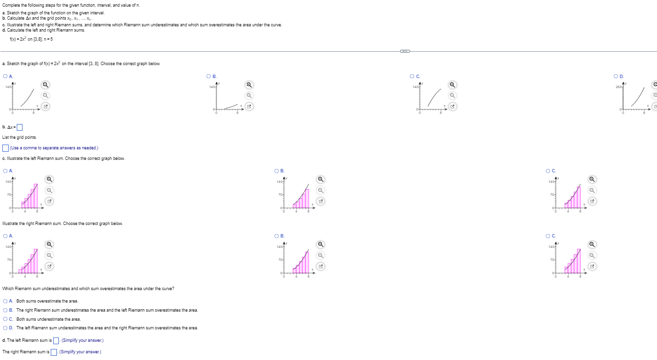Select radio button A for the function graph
[5, 76]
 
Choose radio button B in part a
[209, 76]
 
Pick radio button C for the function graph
[412, 76]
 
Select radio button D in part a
[616, 76]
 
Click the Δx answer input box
[20, 127]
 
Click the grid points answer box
[5, 148]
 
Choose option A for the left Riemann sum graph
[5, 171]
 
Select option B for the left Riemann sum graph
[277, 171]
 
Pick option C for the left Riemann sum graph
[548, 171]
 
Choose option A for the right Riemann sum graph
[5, 236]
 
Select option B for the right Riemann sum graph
[277, 236]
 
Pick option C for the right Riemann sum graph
[548, 236]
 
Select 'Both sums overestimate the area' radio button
[5, 301]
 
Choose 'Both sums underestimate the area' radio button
[5, 319]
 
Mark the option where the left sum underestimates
[5, 328]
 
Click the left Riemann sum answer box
[56, 341]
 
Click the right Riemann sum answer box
[54, 352]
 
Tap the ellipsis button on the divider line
[405, 51]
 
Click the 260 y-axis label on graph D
[618, 87]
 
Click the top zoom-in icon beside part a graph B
[249, 85]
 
